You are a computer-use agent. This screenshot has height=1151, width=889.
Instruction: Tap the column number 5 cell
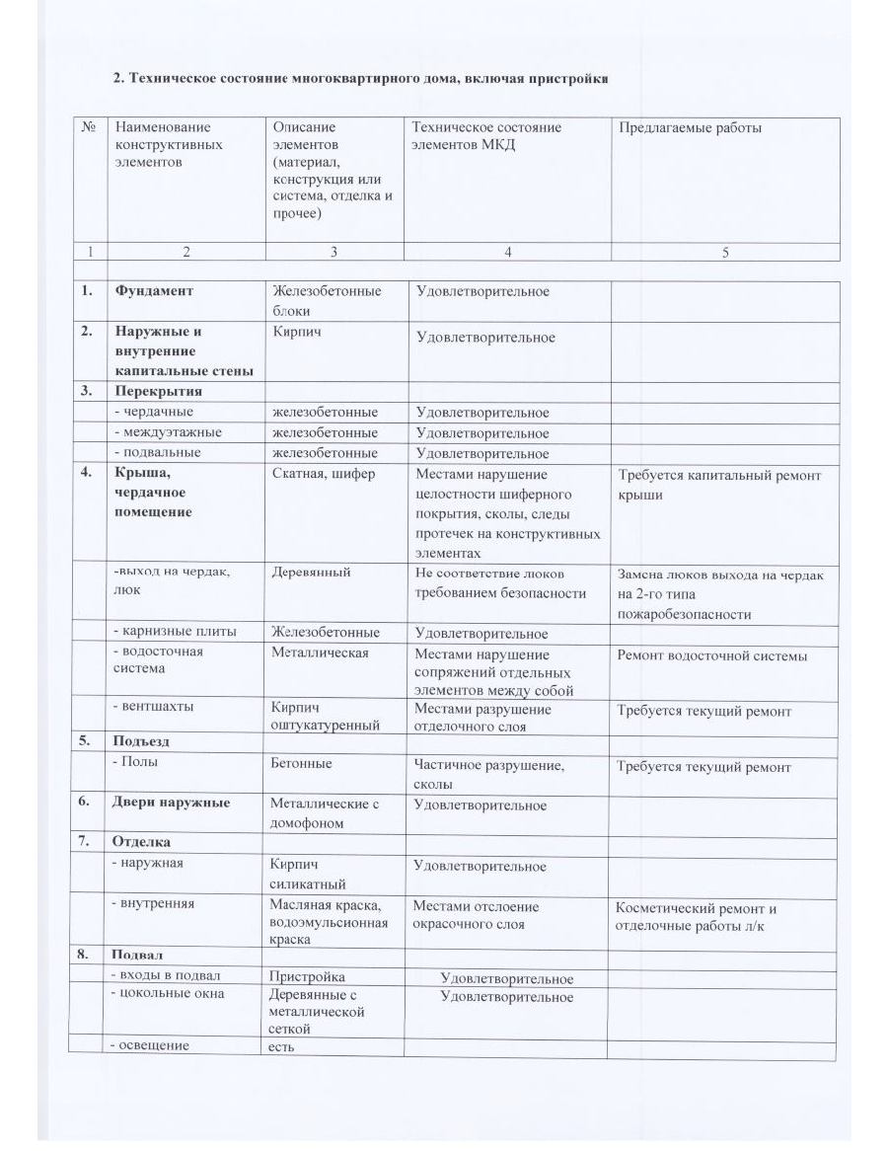725,252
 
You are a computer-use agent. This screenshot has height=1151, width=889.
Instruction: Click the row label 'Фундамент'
154,291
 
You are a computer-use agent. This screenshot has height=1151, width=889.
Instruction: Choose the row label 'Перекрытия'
158,391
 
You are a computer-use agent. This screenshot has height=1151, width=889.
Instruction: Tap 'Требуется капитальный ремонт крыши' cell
718,485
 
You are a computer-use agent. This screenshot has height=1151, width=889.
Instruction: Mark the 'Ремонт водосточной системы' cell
711,655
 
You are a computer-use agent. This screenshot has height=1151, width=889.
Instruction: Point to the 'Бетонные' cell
302,764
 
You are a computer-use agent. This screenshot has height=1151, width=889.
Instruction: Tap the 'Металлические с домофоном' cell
325,812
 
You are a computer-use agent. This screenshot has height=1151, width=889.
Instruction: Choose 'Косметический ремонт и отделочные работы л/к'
696,916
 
